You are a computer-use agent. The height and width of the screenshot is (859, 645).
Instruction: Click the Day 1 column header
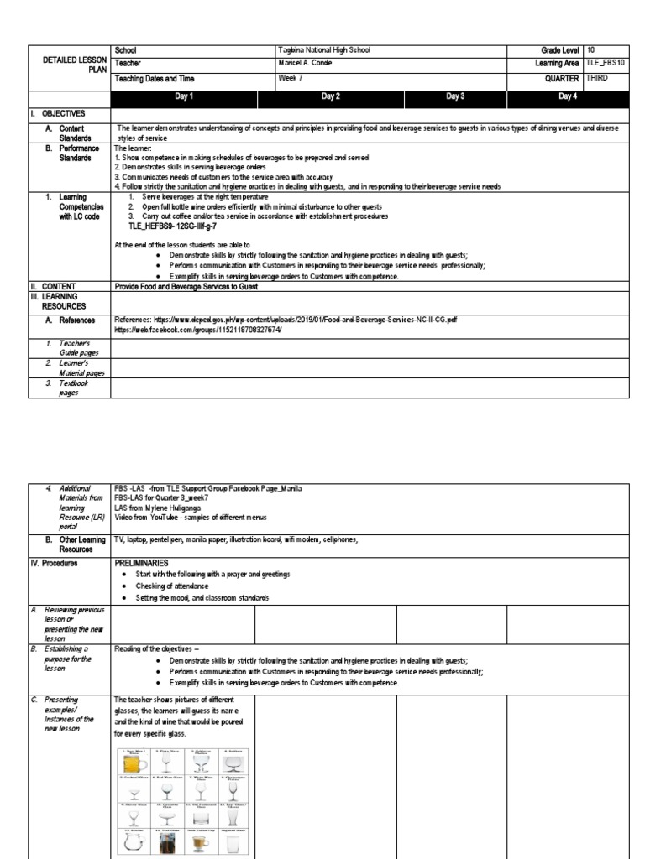184,97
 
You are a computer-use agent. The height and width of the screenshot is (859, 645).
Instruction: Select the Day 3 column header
456,97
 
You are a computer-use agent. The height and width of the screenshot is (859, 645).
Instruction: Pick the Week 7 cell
289,78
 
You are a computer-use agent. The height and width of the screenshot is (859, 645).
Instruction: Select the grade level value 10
592,50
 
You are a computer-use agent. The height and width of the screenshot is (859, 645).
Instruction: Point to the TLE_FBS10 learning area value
605,64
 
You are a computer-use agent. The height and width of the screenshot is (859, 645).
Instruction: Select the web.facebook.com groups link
198,331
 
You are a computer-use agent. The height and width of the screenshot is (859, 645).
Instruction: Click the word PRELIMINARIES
141,563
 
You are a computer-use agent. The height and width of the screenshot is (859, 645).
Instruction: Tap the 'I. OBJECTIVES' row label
58,112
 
